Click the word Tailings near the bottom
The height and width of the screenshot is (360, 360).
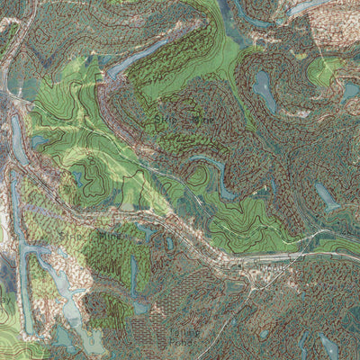(x=158, y=331)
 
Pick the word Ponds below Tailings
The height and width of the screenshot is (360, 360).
(x=159, y=341)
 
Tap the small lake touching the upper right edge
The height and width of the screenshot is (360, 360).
(x=350, y=90)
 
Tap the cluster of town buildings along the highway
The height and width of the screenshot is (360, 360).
(x=261, y=274)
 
